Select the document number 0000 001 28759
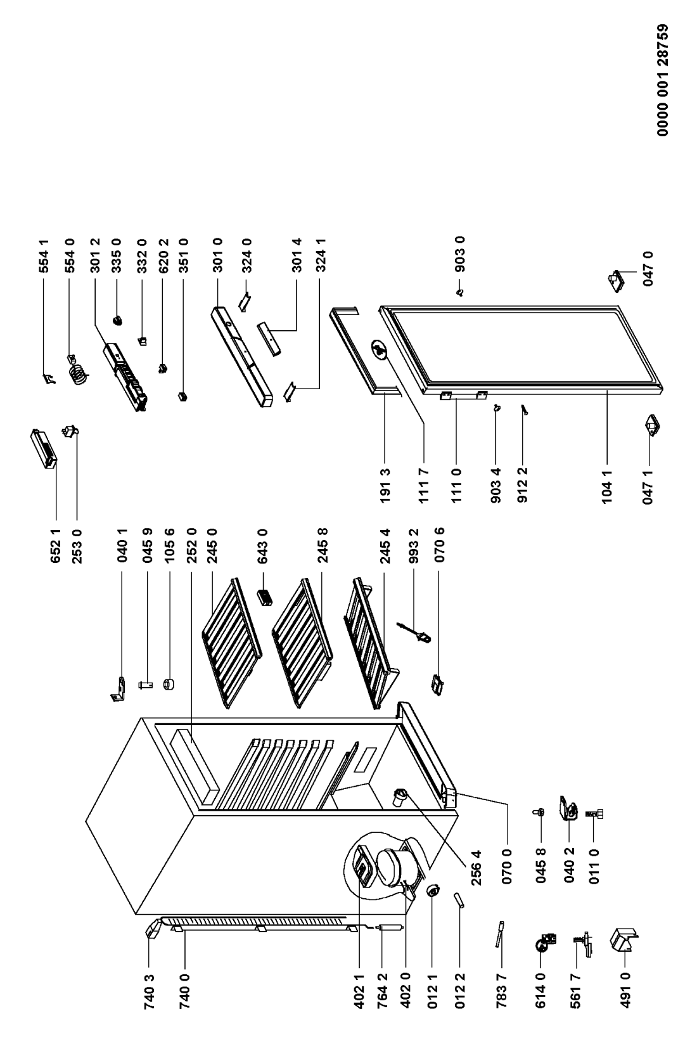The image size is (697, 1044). (663, 80)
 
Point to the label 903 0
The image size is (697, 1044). (459, 254)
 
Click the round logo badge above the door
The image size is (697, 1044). (380, 349)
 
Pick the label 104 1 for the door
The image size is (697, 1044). (607, 487)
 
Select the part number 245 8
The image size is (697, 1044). (322, 545)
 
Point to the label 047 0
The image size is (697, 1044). (648, 269)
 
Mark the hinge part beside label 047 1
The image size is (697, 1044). (651, 425)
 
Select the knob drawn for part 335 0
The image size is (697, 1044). (117, 320)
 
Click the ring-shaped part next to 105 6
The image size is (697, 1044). (168, 684)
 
